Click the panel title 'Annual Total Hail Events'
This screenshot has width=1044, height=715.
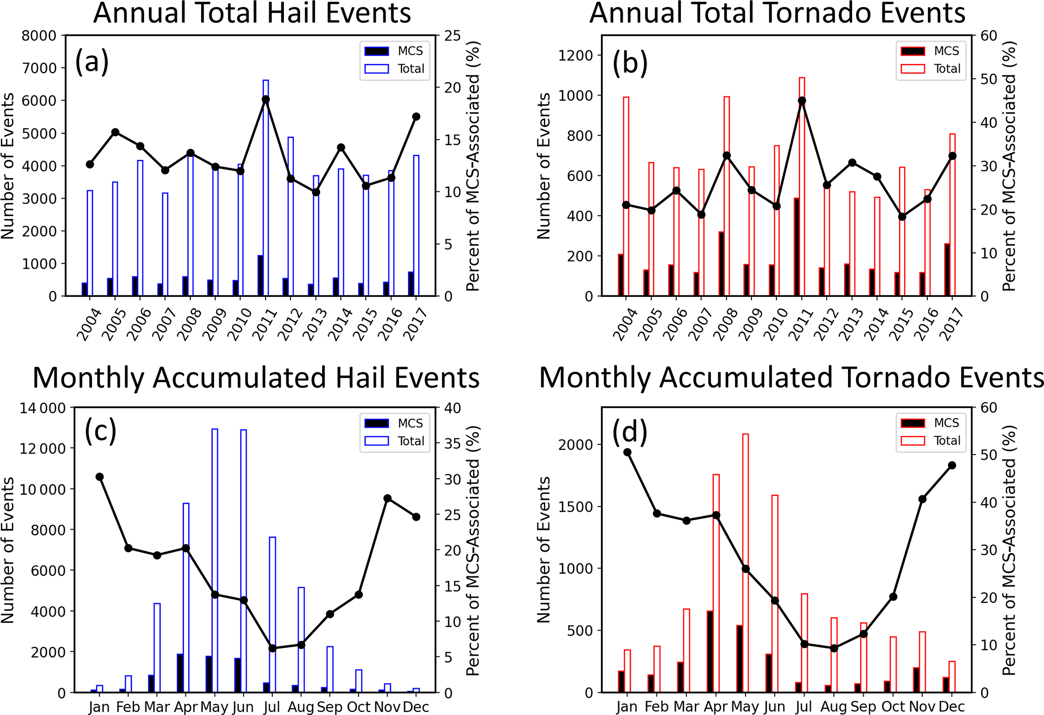252,13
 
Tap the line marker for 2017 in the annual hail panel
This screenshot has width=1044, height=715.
416,117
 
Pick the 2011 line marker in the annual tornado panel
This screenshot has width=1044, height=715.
802,101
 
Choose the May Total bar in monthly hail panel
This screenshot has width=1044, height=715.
215,560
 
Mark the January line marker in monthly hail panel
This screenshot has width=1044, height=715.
100,477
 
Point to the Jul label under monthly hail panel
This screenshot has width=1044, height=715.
272,707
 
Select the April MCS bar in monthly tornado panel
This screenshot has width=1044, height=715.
710,651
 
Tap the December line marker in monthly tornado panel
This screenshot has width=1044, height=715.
952,465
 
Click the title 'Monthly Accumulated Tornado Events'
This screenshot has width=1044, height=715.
791,378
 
